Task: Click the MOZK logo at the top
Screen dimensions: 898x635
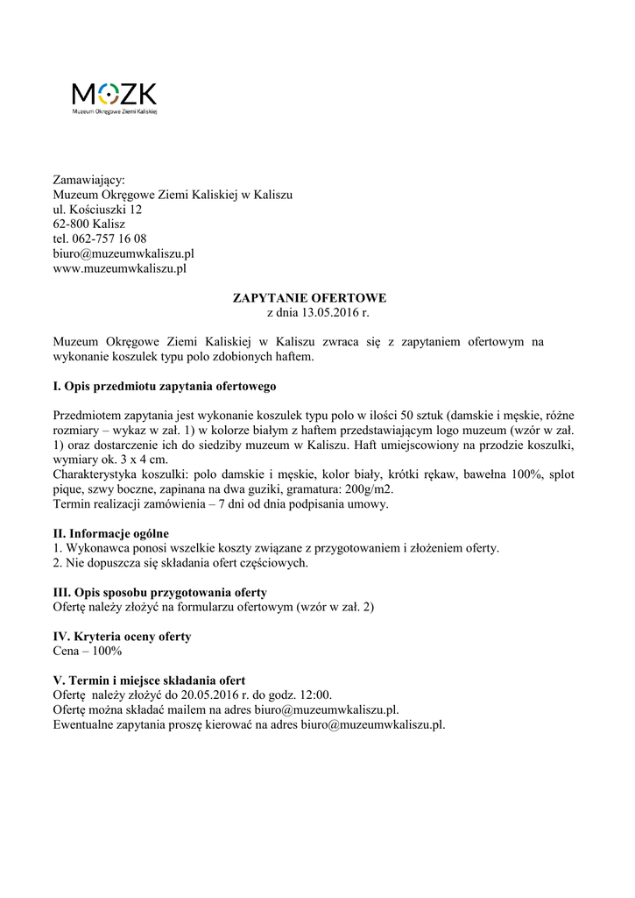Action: click(x=114, y=97)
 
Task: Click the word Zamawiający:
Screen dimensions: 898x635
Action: click(x=89, y=180)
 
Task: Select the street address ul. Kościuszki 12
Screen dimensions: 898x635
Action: click(x=97, y=210)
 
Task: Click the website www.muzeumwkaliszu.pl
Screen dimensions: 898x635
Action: click(x=120, y=269)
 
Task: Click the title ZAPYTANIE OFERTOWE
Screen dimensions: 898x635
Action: click(x=309, y=298)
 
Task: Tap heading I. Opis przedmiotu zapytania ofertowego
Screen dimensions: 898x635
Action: click(x=166, y=386)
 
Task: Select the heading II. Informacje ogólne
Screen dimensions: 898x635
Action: click(x=111, y=533)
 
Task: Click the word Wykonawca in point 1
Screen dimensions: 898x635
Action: click(x=95, y=548)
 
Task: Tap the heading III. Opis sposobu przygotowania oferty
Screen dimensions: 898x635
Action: click(x=160, y=592)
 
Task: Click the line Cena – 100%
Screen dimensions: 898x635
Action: click(x=88, y=652)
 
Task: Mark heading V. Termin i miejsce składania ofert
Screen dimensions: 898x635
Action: click(x=149, y=681)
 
